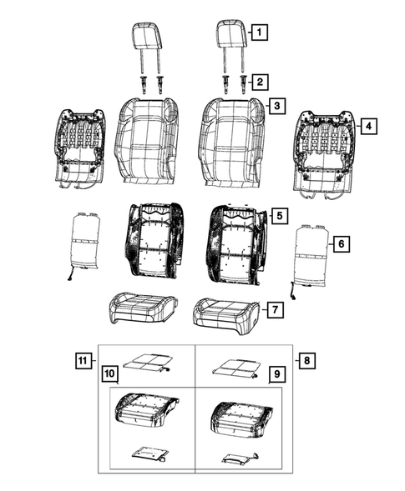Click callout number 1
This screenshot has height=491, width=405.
[x=261, y=34]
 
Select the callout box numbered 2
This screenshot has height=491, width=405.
[x=261, y=82]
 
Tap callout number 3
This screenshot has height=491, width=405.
[x=276, y=108]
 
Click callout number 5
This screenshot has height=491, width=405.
[x=281, y=215]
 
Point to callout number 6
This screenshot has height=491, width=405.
[x=339, y=244]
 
